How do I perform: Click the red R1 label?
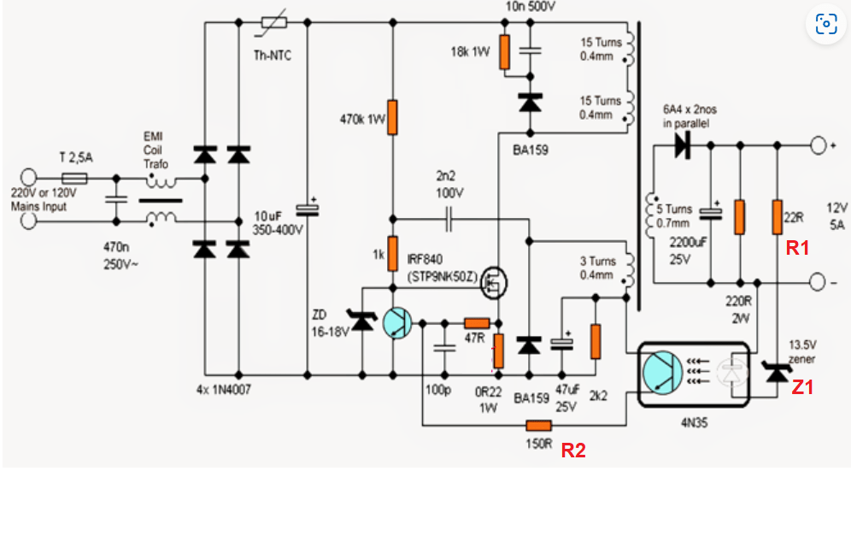pos(797,249)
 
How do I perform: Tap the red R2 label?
pos(572,451)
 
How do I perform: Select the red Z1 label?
pos(802,387)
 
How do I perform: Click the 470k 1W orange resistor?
pos(392,117)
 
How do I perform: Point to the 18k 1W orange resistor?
pos(504,52)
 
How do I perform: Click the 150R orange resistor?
pos(538,426)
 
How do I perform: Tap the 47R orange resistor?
pos(476,323)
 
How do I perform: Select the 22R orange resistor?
pos(777,216)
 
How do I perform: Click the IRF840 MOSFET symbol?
pos(491,281)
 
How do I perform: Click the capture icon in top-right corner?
pos(826,24)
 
